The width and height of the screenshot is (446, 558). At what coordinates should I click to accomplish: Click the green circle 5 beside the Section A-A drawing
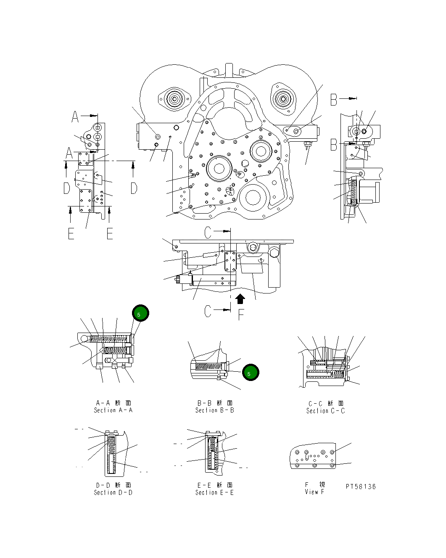point(140,313)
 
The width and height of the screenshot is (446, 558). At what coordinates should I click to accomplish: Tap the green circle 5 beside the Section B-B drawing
point(251,373)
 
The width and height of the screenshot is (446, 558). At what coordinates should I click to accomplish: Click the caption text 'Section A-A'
point(113,410)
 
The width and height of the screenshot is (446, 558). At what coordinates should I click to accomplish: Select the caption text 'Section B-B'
point(214,410)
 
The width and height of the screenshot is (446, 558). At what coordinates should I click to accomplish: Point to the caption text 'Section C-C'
point(325,411)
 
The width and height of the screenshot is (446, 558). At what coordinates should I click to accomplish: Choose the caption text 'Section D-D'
point(113,492)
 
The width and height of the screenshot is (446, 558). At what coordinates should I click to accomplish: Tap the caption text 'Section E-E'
point(214,492)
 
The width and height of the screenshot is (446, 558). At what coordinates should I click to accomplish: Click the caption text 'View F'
point(314,492)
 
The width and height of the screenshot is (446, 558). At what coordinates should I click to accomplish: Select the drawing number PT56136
point(361,487)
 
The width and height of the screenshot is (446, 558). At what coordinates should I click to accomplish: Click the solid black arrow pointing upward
point(240,299)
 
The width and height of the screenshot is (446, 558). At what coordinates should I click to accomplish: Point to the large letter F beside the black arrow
point(241,315)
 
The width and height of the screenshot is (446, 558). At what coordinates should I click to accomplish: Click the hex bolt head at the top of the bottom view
point(252,247)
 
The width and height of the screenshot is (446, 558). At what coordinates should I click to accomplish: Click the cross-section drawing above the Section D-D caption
point(111,452)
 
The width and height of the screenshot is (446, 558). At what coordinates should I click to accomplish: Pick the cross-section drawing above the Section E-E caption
point(214,452)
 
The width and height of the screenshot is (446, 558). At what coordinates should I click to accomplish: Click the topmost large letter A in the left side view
point(75,116)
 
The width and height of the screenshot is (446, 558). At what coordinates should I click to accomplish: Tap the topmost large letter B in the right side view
point(334,100)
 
